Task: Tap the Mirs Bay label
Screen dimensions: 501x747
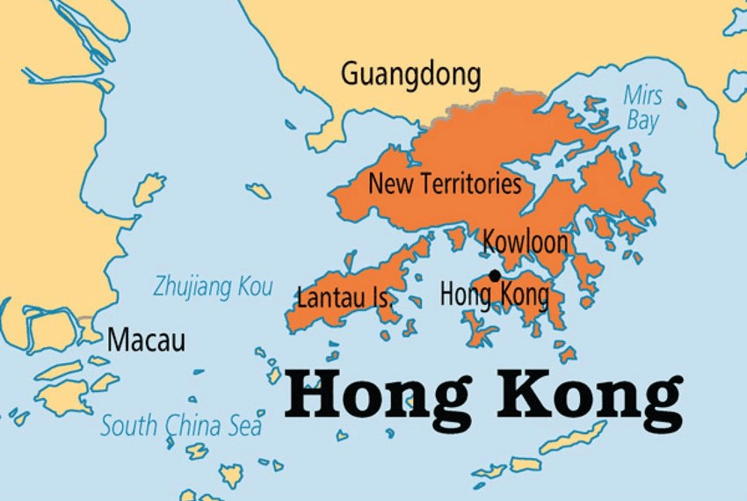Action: (642, 107)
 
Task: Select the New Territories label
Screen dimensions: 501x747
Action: (445, 185)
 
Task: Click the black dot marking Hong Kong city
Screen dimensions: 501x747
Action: (495, 276)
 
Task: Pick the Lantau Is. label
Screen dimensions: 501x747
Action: (344, 297)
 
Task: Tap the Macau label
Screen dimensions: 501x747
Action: (146, 340)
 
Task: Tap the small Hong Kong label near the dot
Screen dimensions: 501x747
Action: (494, 294)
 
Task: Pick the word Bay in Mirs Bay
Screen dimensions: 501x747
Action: (642, 120)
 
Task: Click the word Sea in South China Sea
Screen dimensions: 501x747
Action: (243, 427)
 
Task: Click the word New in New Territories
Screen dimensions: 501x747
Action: (387, 185)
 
